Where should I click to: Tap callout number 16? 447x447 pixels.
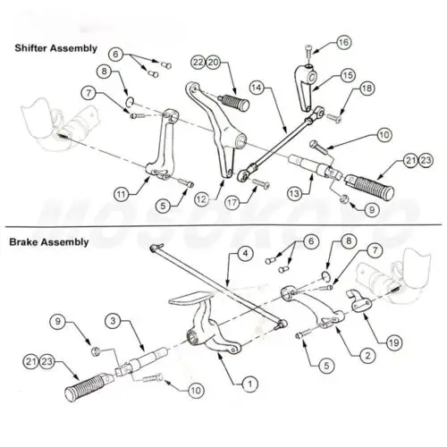343,41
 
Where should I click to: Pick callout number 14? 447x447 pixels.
256,89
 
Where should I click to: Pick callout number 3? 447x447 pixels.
113,319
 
